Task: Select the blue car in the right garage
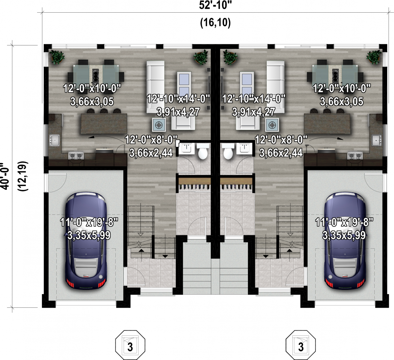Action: tap(345, 240)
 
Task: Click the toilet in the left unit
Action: tap(203, 151)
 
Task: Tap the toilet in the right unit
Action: tap(228, 151)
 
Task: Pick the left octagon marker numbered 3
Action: tap(130, 345)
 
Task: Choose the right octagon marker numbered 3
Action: tap(301, 345)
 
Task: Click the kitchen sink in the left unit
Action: tap(54, 140)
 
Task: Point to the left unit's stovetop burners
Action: tap(76, 156)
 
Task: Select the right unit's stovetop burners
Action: tap(355, 156)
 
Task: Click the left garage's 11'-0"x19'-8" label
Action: tap(89, 222)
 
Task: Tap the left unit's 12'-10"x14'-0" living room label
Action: tap(178, 99)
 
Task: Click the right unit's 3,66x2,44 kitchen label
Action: tap(281, 153)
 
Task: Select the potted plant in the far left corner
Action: tap(57, 57)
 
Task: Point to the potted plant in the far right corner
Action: tap(374, 57)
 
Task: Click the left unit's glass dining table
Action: tap(96, 75)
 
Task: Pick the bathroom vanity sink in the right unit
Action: tap(243, 148)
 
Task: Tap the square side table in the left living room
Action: tap(159, 125)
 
